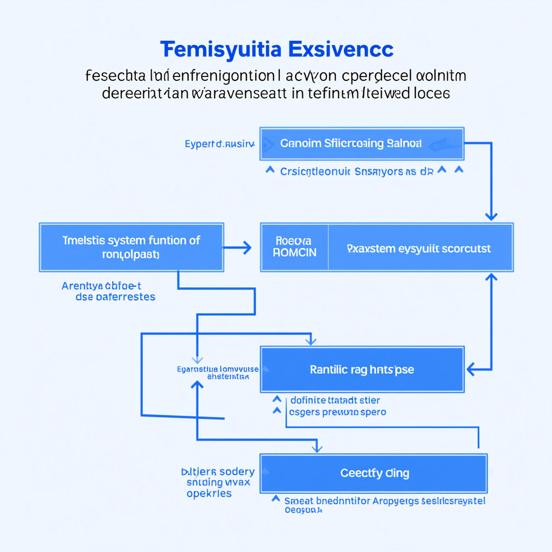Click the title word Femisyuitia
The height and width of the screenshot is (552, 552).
point(220,50)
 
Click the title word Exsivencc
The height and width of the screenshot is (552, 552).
point(341,50)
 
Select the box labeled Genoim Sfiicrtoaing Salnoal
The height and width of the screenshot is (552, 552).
point(362,144)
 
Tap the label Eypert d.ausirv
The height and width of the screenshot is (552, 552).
point(219,144)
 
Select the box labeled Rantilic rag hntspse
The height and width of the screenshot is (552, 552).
point(362,369)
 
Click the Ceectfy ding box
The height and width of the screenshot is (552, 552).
point(374,473)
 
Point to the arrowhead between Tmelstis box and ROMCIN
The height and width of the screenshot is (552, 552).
point(247,248)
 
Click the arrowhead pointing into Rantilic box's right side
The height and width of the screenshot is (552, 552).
point(471,369)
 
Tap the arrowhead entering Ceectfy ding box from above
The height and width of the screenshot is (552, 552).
point(318,448)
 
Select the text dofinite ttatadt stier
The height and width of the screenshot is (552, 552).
point(335,400)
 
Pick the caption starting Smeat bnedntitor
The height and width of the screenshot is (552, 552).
point(384,501)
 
